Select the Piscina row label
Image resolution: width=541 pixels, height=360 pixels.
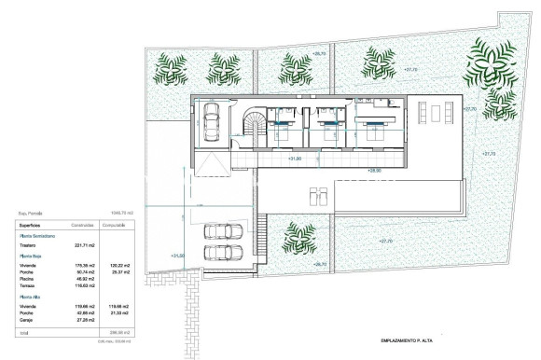(27, 279)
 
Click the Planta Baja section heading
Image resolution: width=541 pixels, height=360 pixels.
(31, 256)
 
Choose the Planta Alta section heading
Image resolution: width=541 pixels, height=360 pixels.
(31, 296)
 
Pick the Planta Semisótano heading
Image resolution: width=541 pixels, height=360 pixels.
(36, 235)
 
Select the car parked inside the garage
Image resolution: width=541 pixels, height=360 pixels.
(210, 118)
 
